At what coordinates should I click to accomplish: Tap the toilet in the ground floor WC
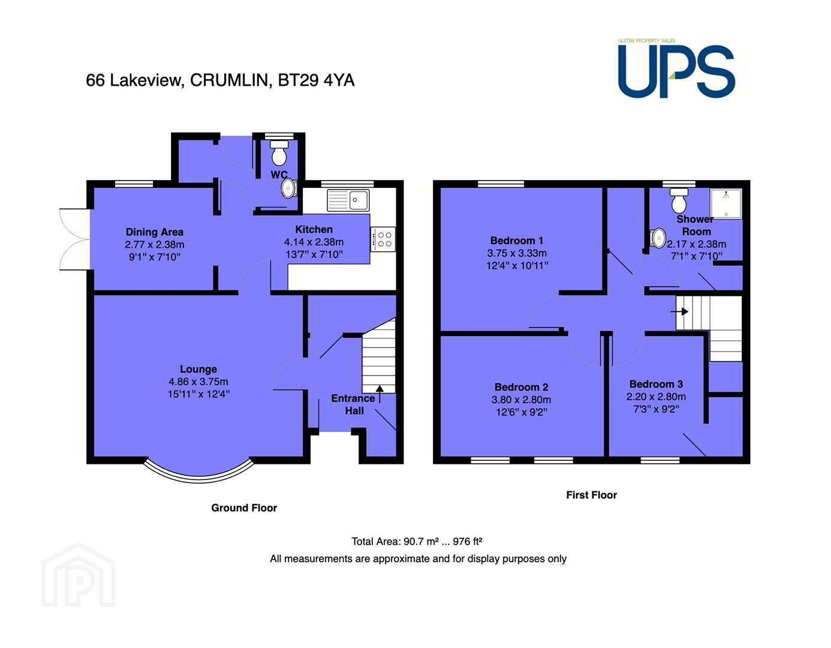[279, 152]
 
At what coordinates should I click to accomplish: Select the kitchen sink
[348, 200]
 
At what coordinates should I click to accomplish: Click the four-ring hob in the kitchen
[383, 239]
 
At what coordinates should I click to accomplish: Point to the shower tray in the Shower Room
[726, 203]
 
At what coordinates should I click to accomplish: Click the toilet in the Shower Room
[679, 200]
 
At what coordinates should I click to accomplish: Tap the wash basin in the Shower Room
[658, 238]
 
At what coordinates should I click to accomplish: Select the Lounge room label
[198, 369]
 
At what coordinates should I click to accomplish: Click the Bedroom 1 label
[517, 241]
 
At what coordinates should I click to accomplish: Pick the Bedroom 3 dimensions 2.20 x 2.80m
[656, 397]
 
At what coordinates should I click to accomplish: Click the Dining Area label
[155, 232]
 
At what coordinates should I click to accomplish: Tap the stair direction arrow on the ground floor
[380, 394]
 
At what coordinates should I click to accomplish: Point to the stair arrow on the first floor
[679, 312]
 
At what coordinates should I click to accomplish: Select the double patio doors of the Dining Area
[74, 239]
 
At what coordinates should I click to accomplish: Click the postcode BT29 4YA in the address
[316, 80]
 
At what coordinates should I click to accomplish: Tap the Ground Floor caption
[244, 508]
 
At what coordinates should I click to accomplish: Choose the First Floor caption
[591, 495]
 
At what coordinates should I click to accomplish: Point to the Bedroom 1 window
[501, 184]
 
